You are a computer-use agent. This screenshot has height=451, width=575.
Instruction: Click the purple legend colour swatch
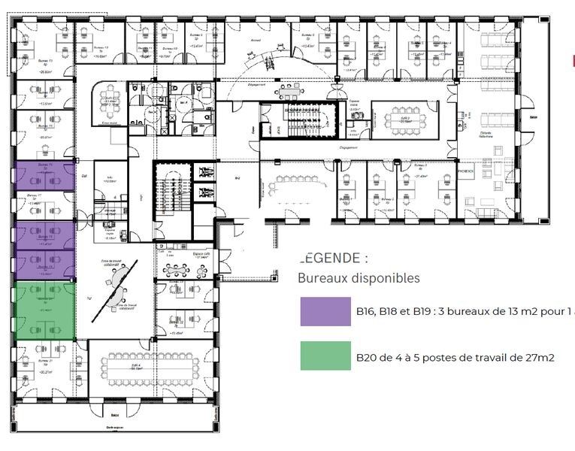click(x=325, y=311)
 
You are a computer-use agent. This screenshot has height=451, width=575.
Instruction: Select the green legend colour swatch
click(x=325, y=356)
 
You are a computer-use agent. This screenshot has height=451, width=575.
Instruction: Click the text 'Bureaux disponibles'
click(x=359, y=278)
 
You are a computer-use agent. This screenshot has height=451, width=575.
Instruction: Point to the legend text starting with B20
click(x=455, y=358)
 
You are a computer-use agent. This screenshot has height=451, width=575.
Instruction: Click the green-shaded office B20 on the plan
click(x=45, y=310)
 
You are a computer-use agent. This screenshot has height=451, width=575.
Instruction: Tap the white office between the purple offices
click(x=45, y=204)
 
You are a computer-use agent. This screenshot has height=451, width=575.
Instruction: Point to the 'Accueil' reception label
click(x=256, y=41)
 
